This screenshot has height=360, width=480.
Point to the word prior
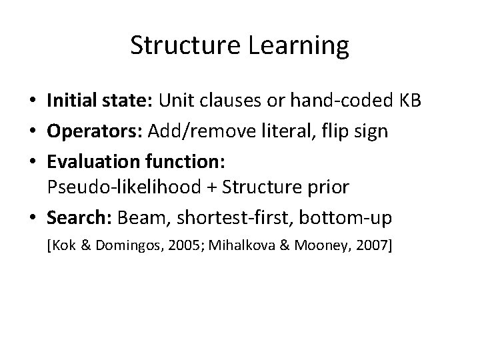click(x=327, y=187)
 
